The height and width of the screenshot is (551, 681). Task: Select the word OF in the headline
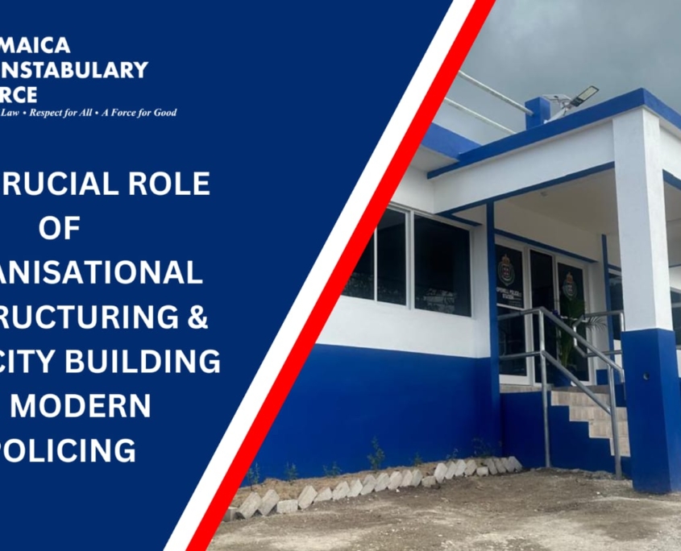click(x=60, y=229)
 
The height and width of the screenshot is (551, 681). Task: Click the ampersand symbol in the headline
click(x=197, y=317)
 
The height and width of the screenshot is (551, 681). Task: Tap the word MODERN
click(x=80, y=406)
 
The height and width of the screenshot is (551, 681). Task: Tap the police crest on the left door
click(x=506, y=271)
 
